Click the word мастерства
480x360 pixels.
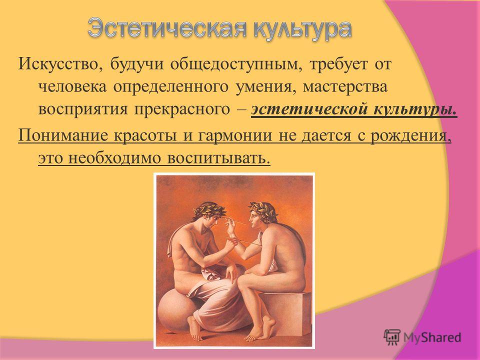[345, 87]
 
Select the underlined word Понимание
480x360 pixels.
[63, 135]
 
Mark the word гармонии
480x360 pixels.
[235, 135]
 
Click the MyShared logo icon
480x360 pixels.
[392, 337]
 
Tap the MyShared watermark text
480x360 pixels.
[432, 337]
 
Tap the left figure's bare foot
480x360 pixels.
[195, 329]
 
